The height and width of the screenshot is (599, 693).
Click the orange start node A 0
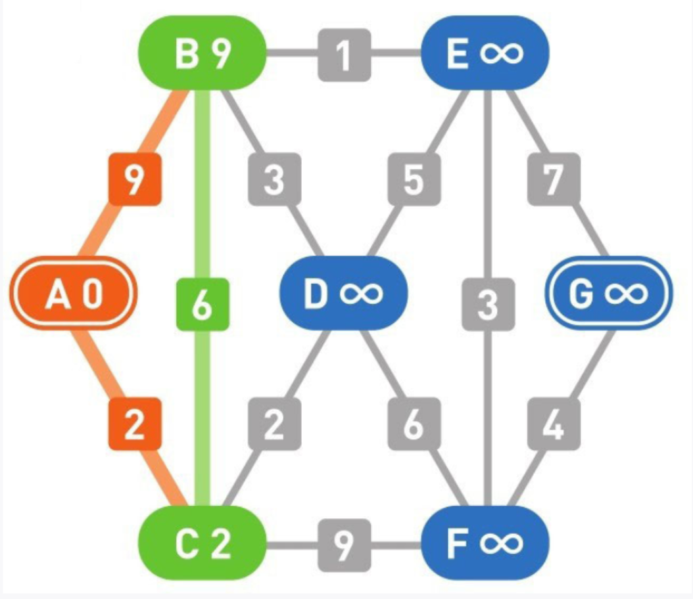click(72, 293)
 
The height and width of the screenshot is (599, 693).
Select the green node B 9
click(202, 53)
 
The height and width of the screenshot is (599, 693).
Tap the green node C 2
click(202, 543)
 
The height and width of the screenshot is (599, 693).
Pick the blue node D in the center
click(343, 293)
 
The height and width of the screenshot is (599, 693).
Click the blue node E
click(485, 53)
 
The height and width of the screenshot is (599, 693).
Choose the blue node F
click(485, 543)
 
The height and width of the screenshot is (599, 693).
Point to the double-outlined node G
click(608, 293)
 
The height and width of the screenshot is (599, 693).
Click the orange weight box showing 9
click(133, 179)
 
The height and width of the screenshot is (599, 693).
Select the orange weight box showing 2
click(133, 424)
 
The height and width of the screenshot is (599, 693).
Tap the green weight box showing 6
click(203, 305)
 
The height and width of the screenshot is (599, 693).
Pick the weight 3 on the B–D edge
click(274, 179)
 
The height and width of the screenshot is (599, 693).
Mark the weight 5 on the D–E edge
click(413, 179)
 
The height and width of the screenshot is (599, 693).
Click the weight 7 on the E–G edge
click(554, 179)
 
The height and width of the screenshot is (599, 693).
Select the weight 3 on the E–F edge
click(487, 305)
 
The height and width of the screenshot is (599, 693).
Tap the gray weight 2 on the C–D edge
click(274, 424)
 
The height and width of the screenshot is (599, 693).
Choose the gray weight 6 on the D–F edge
click(413, 424)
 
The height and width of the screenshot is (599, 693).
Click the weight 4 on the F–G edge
click(554, 424)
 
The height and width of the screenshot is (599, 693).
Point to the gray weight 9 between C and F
click(344, 544)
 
